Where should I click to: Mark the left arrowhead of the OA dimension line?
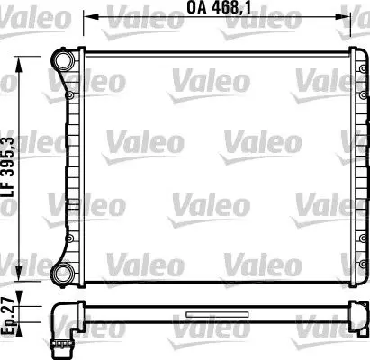pyautogui.click(x=87, y=16)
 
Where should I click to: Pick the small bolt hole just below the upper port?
pyautogui.click(x=68, y=91)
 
